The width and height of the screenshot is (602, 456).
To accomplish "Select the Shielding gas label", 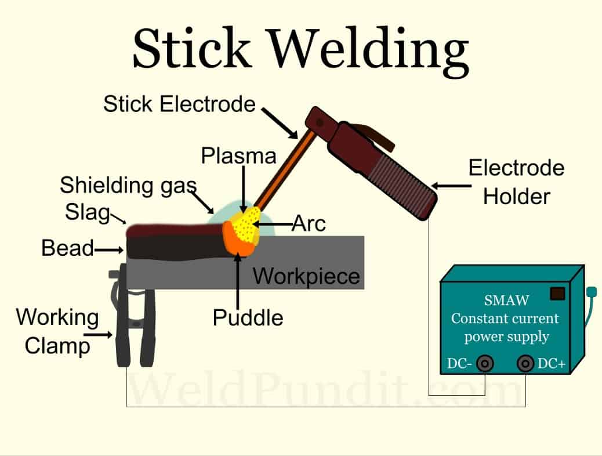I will (128, 186).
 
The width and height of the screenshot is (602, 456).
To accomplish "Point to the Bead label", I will (67, 249).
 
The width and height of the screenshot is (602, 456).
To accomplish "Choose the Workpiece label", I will (306, 276).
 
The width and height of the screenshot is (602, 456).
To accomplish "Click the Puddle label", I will (248, 317).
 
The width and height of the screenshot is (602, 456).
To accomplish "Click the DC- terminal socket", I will (485, 364).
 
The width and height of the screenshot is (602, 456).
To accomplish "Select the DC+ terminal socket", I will (525, 364).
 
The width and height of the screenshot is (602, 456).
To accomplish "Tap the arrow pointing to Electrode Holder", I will (450, 186).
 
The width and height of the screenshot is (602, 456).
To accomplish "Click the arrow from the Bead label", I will (110, 250).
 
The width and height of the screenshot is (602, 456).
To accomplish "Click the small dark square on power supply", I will (557, 294).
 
